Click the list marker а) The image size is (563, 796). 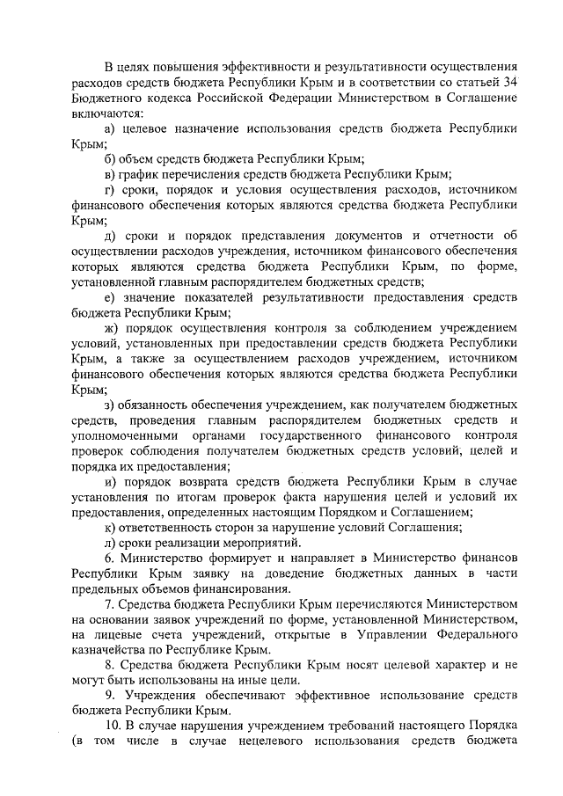[x=110, y=128]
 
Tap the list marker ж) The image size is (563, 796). [x=112, y=329]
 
